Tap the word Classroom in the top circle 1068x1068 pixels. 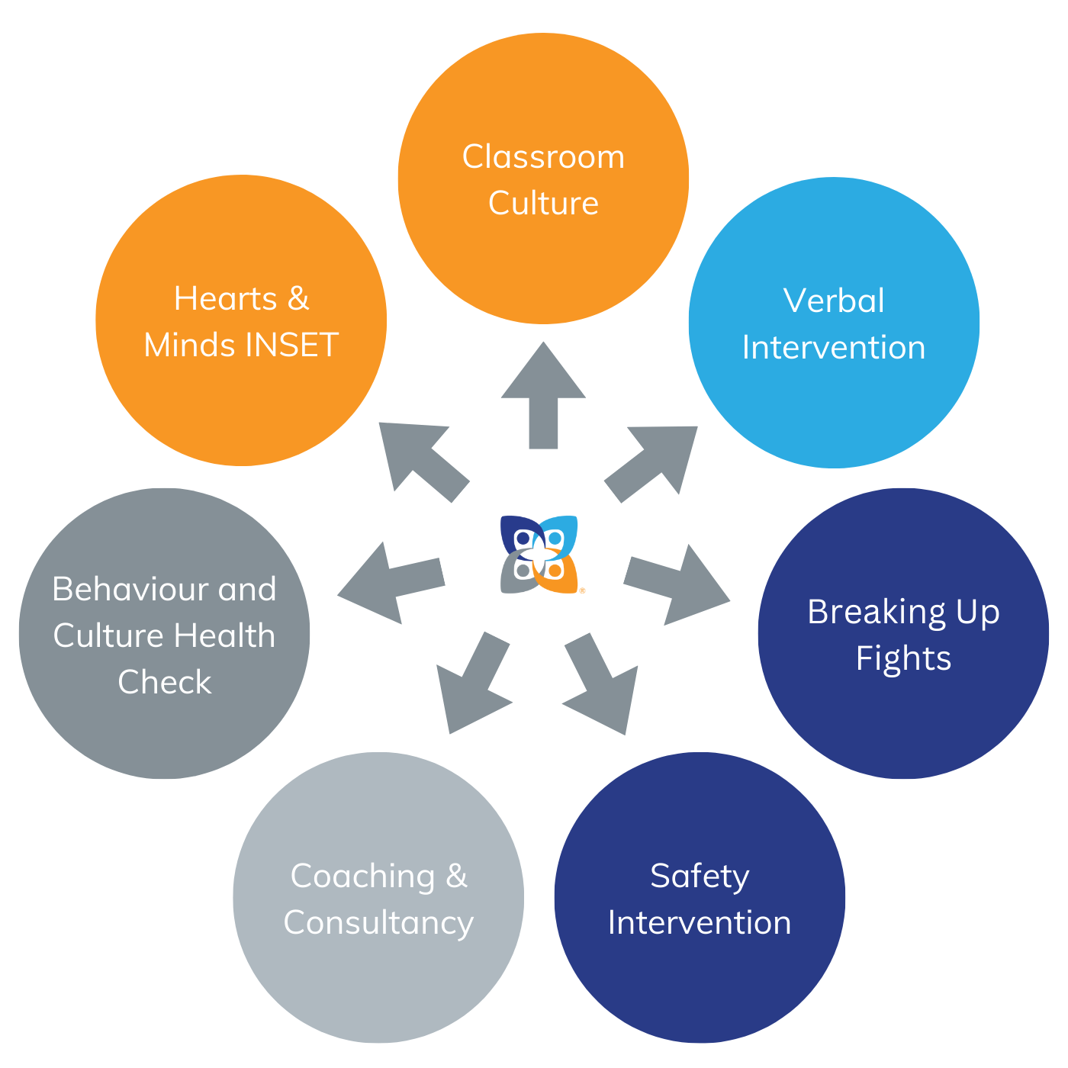coord(543,157)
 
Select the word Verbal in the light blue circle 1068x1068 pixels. coord(834,301)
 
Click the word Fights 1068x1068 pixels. coord(903,658)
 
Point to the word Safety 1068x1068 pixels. coord(700,877)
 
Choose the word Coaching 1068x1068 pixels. coord(362,877)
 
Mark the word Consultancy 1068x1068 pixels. coord(378,923)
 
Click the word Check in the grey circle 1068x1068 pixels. coord(164,682)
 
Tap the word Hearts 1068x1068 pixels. coord(225,299)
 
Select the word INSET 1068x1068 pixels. coord(291,346)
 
